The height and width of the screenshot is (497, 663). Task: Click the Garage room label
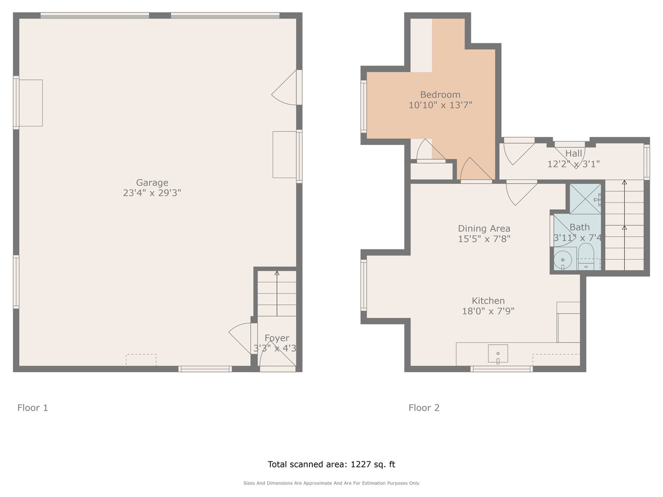[x=152, y=183]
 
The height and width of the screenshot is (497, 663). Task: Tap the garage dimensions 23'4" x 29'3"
[x=152, y=193]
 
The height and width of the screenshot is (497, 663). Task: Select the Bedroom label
[x=440, y=95]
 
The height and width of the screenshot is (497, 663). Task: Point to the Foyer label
[x=277, y=338]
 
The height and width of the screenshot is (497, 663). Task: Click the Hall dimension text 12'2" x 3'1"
[x=573, y=164]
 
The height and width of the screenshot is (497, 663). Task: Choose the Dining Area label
[x=484, y=229]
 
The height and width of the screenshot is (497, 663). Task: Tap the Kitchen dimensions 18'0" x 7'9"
[x=488, y=311]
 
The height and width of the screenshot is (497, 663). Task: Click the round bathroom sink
[x=563, y=260]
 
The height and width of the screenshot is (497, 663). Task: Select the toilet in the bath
[x=586, y=256]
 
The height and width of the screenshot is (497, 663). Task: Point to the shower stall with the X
[x=585, y=199]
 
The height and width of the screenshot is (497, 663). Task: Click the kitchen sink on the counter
[x=498, y=354]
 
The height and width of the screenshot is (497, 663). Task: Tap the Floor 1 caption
[x=33, y=408]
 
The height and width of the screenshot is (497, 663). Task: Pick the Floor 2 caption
[x=424, y=408]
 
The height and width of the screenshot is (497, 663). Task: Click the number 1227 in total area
[x=361, y=464]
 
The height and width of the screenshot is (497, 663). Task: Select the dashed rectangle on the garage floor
[x=141, y=360]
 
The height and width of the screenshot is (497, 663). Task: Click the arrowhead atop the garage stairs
[x=277, y=273]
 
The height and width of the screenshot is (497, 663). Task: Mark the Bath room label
[x=579, y=227]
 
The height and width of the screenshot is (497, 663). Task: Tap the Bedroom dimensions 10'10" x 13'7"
[x=440, y=105]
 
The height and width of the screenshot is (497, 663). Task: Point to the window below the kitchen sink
[x=501, y=369]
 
